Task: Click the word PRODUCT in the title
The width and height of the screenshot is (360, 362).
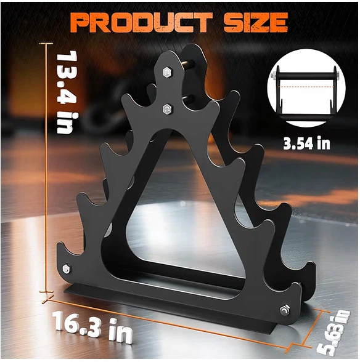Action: pyautogui.click(x=142, y=22)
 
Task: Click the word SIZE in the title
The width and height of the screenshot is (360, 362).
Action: pyautogui.click(x=256, y=22)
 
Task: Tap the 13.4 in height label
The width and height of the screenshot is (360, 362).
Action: pyautogui.click(x=65, y=92)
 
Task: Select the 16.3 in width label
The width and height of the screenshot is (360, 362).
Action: pyautogui.click(x=93, y=326)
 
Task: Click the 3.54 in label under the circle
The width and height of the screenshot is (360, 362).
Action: pyautogui.click(x=307, y=143)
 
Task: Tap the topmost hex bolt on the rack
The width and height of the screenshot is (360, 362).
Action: pyautogui.click(x=166, y=72)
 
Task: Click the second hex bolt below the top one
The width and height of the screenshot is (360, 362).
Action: pyautogui.click(x=167, y=108)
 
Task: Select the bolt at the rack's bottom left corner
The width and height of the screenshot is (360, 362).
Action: pyautogui.click(x=67, y=269)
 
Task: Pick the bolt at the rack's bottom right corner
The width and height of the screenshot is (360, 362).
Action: pyautogui.click(x=285, y=310)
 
